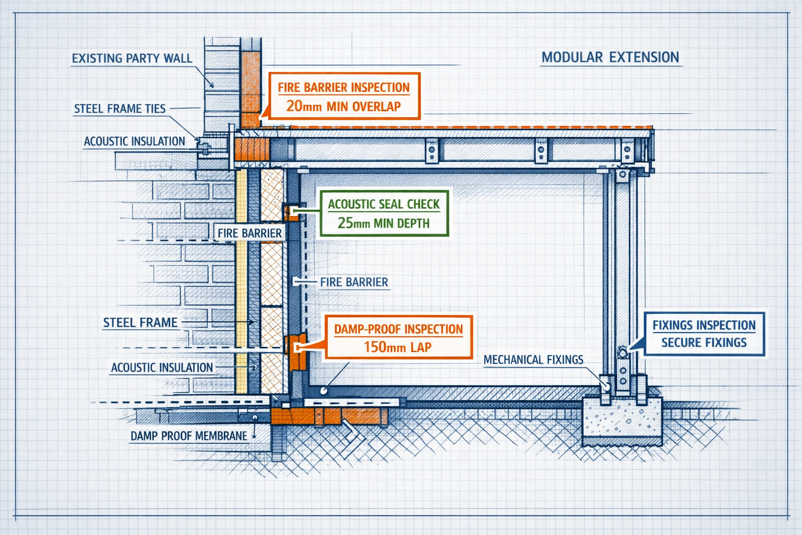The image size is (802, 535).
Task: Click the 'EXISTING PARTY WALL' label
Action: coord(132,59)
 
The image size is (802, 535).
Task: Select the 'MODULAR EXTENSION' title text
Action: coord(610,57)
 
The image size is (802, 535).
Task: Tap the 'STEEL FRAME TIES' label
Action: coord(120,109)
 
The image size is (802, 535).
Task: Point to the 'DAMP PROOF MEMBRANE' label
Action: coord(188,436)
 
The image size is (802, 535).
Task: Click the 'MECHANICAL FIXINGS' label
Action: coord(533,359)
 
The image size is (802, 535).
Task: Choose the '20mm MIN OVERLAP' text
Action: coord(343,107)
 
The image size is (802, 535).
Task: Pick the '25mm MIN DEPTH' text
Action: coord(383,224)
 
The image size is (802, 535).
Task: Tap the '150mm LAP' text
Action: coord(397,347)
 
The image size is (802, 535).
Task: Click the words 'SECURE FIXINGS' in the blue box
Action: coord(704,343)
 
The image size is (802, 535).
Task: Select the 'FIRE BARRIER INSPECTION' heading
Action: coord(343,88)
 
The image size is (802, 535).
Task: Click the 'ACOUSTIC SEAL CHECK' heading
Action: coord(383,204)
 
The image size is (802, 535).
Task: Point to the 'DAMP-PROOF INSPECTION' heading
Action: coord(398,329)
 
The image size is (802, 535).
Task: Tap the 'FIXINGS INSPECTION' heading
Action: coord(704,325)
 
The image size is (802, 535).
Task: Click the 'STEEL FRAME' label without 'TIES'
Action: coord(140,322)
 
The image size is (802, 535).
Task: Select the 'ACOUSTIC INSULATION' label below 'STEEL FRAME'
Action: coord(162,367)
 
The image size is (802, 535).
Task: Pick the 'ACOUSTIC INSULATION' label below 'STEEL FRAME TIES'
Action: coord(134,141)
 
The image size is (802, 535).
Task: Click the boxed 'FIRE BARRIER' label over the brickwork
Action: coord(250,233)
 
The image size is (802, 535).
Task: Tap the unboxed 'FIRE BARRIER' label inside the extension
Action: coord(354,282)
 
